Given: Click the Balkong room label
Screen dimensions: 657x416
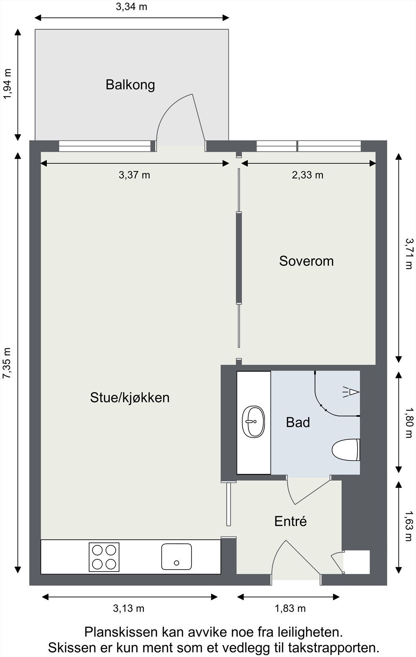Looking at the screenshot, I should pos(130,85).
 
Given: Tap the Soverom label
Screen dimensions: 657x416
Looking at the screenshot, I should pos(306,261).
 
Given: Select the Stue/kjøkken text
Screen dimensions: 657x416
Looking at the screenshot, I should pos(130,397).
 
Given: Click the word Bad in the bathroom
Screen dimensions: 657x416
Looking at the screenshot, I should pos(298,422).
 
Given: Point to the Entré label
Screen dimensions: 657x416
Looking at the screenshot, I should pos(290,521).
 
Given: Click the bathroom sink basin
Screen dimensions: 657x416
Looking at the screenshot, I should pos(253,422).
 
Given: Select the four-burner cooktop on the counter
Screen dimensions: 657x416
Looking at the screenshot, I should pos(104,557).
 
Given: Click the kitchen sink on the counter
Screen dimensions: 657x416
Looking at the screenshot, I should pos(177,557).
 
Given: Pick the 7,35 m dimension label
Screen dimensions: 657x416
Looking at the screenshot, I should pos(7,364).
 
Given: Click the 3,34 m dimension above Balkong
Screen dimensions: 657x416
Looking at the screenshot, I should pos(131,7).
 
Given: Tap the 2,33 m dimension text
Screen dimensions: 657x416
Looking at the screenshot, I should pos(308,175).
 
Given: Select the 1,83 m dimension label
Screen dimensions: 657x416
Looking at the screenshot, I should pos(290,609).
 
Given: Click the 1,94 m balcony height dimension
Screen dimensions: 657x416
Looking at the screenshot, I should pos(7,84).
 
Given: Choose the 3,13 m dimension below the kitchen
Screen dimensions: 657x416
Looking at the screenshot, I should pos(129,609).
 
